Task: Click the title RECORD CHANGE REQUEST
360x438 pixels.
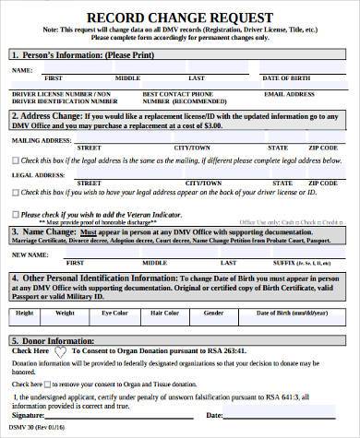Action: point(181,18)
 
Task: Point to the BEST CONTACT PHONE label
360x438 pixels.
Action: point(171,93)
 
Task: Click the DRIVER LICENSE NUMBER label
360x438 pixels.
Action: point(50,93)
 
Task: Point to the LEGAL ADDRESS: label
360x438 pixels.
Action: point(34,173)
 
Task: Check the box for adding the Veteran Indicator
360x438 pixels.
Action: point(14,215)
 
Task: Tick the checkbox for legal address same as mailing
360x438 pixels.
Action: point(14,160)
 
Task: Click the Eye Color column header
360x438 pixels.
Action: point(115,312)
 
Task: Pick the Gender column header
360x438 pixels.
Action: point(213,312)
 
